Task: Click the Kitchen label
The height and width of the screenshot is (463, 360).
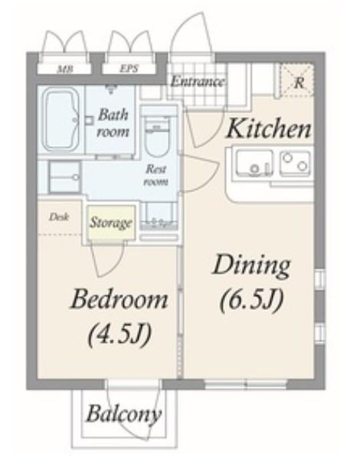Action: (268, 129)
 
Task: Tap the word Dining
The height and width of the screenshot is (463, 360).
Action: (251, 266)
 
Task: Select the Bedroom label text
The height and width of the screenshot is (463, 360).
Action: (119, 299)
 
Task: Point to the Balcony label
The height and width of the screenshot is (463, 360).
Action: (124, 414)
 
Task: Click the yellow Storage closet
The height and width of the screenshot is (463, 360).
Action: (111, 223)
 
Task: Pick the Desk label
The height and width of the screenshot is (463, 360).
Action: (59, 217)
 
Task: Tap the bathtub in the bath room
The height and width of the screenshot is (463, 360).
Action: (61, 119)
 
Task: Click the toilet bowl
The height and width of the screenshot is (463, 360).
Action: (157, 137)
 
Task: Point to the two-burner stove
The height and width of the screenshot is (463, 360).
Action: (295, 163)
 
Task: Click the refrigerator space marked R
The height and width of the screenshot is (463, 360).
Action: (296, 80)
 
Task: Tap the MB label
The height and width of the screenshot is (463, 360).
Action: (65, 70)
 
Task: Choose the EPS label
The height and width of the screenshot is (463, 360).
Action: (129, 69)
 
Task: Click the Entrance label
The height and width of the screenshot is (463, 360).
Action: (198, 81)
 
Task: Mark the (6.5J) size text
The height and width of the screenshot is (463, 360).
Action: (252, 300)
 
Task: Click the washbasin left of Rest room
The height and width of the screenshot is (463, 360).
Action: (64, 178)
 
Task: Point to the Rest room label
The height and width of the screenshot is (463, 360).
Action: (156, 175)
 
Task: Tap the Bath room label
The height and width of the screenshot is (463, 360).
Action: (113, 122)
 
